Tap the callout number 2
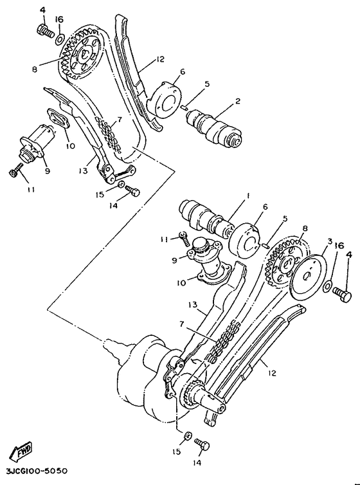point(237,101)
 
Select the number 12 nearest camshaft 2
point(159,60)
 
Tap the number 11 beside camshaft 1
point(164,239)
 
